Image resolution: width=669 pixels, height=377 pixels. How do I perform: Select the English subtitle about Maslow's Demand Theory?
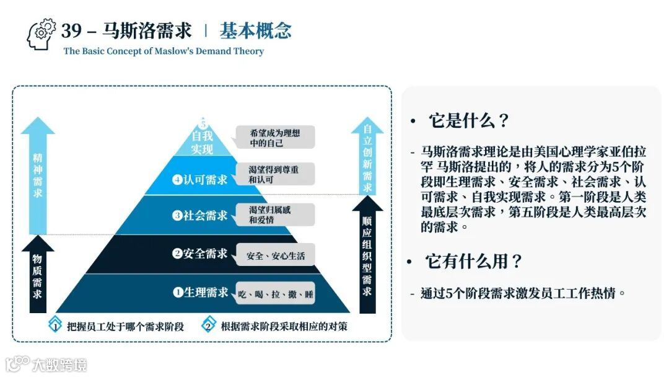tap(164, 51)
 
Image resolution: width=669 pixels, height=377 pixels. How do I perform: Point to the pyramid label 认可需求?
tap(200, 180)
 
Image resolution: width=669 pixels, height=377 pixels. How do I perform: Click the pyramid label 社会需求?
tap(200, 216)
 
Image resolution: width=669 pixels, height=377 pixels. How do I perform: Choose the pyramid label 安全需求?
tap(200, 253)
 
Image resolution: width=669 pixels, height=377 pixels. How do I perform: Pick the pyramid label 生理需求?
tap(200, 292)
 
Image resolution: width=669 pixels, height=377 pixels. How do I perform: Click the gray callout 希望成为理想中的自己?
tap(274, 138)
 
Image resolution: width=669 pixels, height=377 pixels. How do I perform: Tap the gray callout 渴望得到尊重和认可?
tap(274, 174)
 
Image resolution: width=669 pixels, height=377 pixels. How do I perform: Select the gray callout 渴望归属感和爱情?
tap(274, 215)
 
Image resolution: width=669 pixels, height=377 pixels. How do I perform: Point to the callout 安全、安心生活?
tap(275, 255)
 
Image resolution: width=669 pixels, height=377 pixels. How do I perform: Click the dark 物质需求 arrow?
tap(38, 276)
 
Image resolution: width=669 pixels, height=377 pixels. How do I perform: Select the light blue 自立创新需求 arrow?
tap(367, 158)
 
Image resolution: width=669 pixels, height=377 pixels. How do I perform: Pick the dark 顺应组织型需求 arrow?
tap(367, 254)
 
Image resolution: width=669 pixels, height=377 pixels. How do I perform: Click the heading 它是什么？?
tap(468, 120)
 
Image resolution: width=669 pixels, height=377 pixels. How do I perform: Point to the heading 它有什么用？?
tap(474, 262)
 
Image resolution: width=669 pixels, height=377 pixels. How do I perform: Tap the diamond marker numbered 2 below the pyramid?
tap(209, 325)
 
